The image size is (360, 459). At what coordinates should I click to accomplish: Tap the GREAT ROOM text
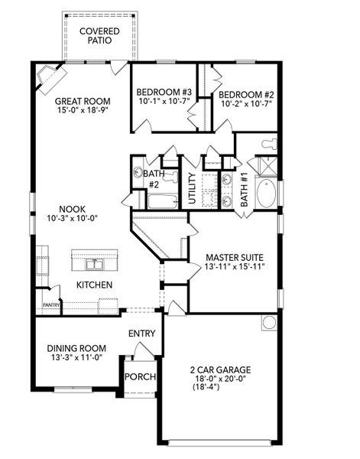[x=83, y=101]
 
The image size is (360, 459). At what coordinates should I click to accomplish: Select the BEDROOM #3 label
[x=164, y=93]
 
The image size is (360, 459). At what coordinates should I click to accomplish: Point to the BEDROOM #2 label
[x=248, y=93]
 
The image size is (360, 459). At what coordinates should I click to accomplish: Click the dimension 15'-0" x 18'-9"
[x=83, y=111]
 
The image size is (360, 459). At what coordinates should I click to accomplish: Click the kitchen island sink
[x=95, y=264]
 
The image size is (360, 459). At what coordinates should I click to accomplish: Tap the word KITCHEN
[x=94, y=285]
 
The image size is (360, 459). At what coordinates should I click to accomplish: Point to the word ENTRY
[x=142, y=334]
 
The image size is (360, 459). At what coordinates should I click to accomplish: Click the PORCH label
[x=141, y=377]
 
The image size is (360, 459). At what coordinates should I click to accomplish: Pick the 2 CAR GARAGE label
[x=220, y=369]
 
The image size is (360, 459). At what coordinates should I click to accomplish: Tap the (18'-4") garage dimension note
[x=206, y=388]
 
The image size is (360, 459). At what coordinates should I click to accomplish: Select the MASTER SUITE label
[x=235, y=257]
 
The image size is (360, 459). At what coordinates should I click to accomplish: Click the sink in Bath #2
[x=138, y=172]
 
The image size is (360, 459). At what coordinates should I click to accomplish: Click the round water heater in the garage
[x=269, y=322]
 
